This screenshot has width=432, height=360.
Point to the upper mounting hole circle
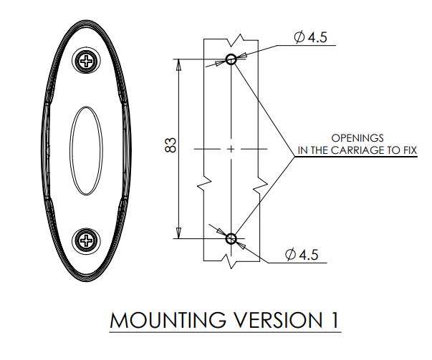click(231, 59)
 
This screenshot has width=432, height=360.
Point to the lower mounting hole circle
click(231, 238)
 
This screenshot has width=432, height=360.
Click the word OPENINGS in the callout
click(357, 137)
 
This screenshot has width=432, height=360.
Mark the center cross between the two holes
click(231, 149)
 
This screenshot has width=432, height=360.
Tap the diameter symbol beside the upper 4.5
click(299, 37)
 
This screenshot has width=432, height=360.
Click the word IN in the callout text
click(303, 150)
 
